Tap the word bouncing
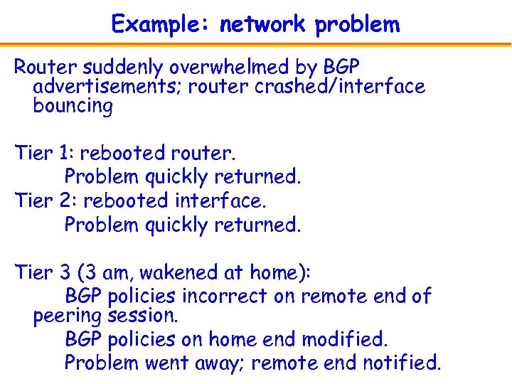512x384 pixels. pyautogui.click(x=73, y=107)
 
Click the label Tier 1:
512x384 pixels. pyautogui.click(x=46, y=153)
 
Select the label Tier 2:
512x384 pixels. pyautogui.click(x=46, y=201)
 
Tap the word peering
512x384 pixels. pyautogui.click(x=68, y=316)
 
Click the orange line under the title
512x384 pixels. pyautogui.click(x=256, y=44)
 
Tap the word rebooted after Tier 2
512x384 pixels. pyautogui.click(x=127, y=201)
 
